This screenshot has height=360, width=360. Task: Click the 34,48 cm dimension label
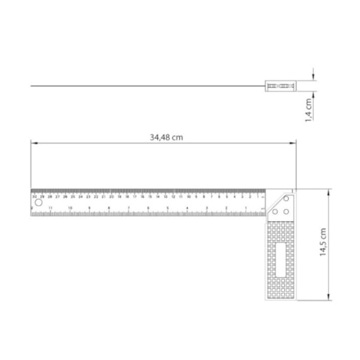(x=166, y=136)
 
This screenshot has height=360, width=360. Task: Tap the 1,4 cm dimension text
(x=309, y=109)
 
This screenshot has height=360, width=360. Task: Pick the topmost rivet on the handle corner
(x=287, y=199)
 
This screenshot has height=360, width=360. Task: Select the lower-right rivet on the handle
(x=287, y=211)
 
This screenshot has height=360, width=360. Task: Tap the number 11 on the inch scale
(x=51, y=208)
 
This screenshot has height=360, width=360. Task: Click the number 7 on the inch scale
(x=128, y=208)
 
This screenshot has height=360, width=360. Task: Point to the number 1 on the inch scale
(x=246, y=208)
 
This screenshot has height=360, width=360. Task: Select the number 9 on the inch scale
(x=89, y=208)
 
